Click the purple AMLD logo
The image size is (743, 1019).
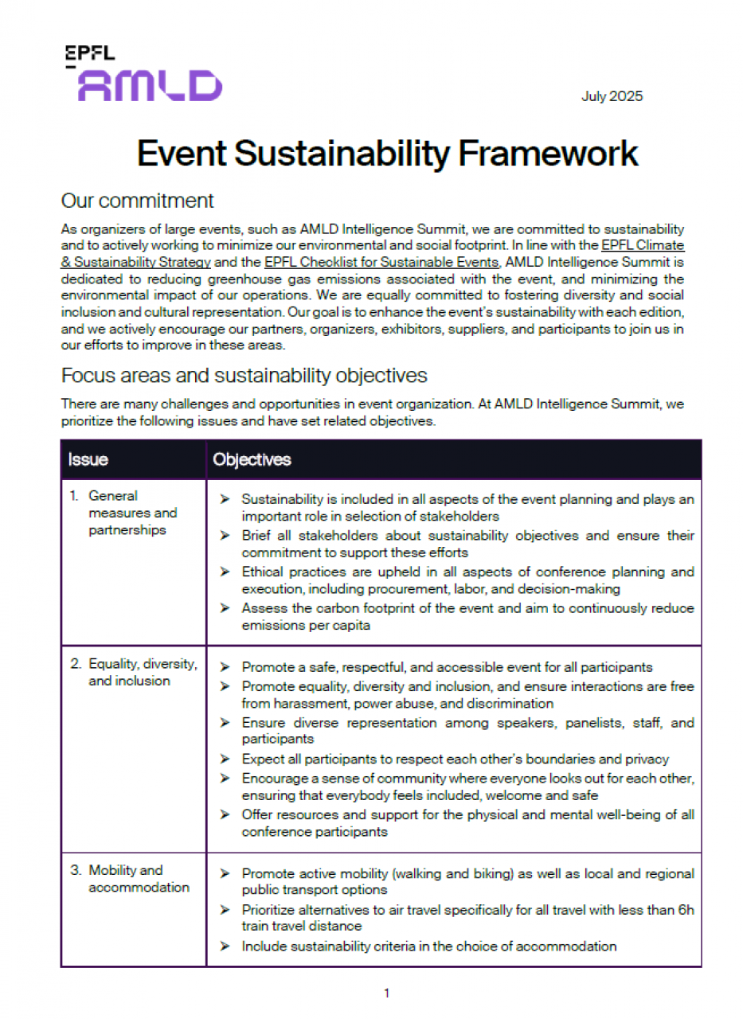coord(150,85)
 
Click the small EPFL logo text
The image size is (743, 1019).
coord(89,54)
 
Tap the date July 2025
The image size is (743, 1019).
coord(612,97)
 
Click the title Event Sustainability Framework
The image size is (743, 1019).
coord(387,153)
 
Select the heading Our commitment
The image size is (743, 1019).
coord(138,200)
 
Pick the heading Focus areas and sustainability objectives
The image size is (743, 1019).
coord(244,375)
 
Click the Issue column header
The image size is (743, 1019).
coord(88,459)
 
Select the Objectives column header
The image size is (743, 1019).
coord(252,459)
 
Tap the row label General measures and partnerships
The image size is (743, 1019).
coord(132,513)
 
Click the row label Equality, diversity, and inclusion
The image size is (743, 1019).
coord(143,672)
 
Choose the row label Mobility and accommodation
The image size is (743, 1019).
coord(139,879)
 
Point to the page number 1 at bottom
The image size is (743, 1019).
coord(386,993)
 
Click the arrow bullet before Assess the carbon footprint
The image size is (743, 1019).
coord(225,608)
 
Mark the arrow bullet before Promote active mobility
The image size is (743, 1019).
coord(225,873)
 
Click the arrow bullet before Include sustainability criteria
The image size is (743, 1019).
coord(225,947)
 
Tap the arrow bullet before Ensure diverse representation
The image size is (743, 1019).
coord(225,723)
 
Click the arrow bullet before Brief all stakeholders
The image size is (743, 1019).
coord(225,536)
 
